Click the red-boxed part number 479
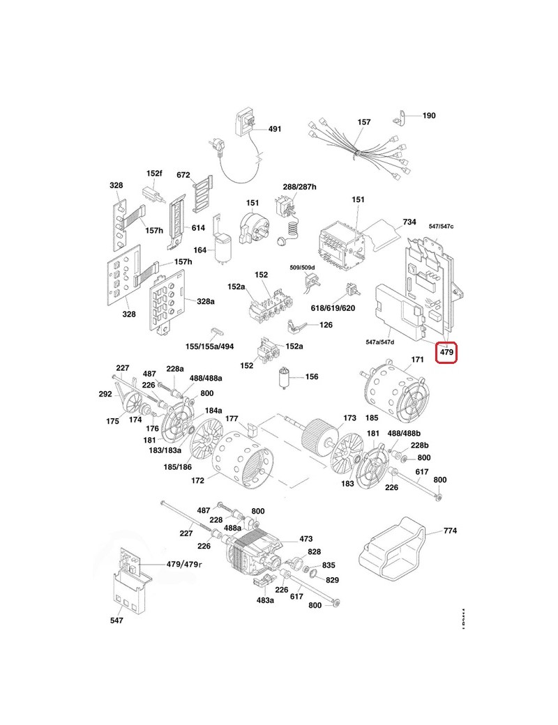446,353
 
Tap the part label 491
275,129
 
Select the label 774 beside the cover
450,531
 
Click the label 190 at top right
429,115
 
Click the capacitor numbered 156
284,376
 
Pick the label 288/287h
299,187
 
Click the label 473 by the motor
306,539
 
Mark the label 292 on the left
105,394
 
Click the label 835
329,565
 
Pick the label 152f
154,174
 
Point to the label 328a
205,301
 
